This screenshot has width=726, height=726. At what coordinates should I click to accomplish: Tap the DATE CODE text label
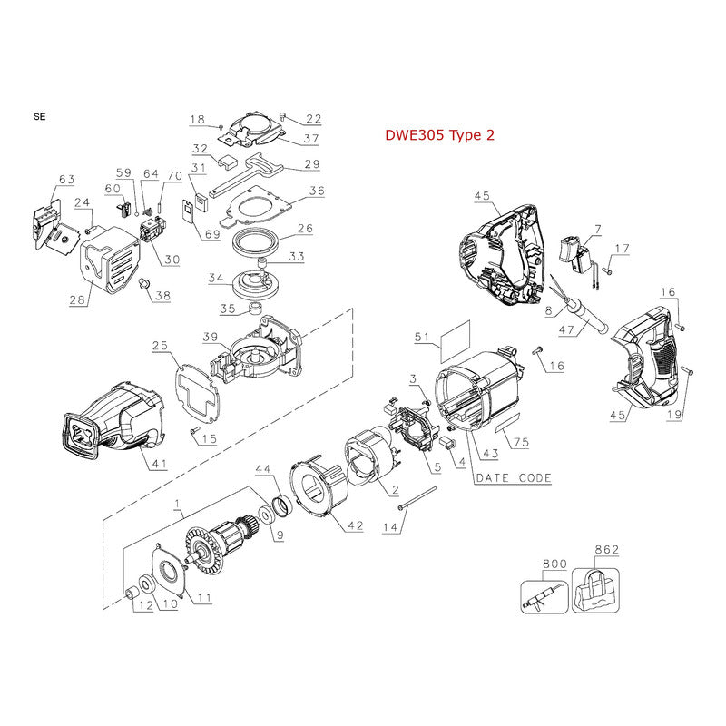(513, 477)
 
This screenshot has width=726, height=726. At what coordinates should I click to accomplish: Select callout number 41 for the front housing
(159, 465)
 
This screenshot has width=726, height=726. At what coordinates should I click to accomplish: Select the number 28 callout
(77, 299)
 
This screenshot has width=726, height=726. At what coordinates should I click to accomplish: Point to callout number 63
(65, 179)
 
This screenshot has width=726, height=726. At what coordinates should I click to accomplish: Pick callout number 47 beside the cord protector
(568, 331)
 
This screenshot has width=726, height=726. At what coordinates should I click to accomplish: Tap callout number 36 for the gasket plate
(316, 191)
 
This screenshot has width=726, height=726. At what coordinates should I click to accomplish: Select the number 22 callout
(314, 119)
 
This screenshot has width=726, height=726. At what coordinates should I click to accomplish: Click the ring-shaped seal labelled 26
(259, 245)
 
